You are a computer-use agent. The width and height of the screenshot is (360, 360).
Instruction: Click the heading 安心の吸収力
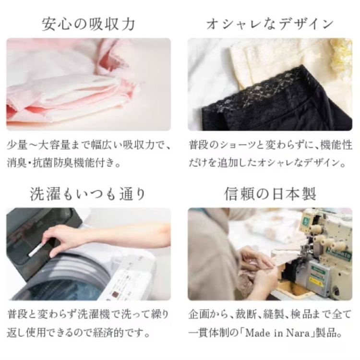(88, 24)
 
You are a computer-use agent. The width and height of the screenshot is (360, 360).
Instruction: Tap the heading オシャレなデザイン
(270, 24)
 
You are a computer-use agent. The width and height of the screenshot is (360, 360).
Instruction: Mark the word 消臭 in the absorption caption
(16, 162)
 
